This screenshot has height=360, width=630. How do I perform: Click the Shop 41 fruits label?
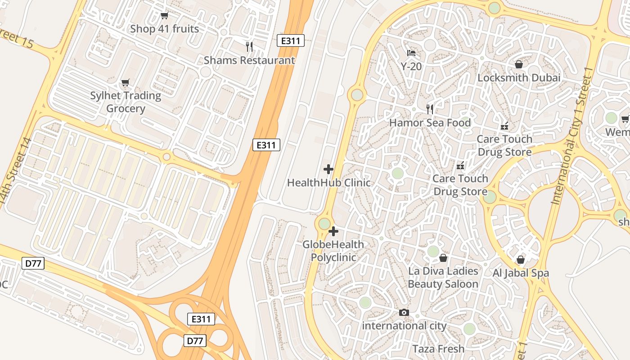point(164,29)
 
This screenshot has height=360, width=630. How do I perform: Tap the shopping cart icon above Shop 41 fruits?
point(164,16)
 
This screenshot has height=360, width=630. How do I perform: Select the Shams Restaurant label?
point(249,60)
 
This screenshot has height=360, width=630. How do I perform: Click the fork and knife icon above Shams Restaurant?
point(249,46)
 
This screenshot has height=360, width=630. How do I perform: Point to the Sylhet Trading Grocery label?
point(126,102)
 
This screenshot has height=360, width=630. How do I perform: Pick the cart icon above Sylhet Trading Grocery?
point(126,82)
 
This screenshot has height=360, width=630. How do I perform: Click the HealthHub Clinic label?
point(329,183)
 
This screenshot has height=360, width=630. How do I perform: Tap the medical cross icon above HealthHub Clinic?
point(328,169)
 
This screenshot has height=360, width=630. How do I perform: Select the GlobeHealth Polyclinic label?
point(333,251)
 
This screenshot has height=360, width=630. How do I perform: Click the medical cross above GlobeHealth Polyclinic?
point(333,231)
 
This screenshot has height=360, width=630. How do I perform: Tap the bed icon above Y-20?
point(411,53)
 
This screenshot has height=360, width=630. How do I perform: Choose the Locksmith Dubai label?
point(519,78)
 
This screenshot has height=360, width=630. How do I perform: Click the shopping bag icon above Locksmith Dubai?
point(519,64)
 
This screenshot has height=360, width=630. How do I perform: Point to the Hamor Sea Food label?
point(430,123)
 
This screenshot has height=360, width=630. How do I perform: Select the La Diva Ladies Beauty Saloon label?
point(443,278)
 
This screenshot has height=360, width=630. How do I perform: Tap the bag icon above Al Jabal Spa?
point(521,260)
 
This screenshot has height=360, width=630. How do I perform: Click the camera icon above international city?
point(404,312)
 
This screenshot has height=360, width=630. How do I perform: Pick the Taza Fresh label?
point(438,349)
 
